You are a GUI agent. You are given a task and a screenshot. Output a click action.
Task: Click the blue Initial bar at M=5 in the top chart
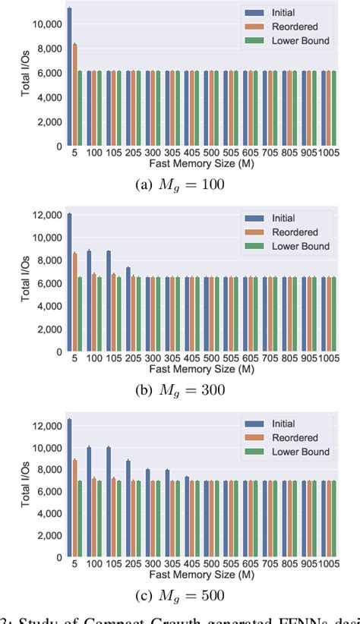[69, 77]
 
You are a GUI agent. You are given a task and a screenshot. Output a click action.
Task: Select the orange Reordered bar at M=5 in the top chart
[74, 95]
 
